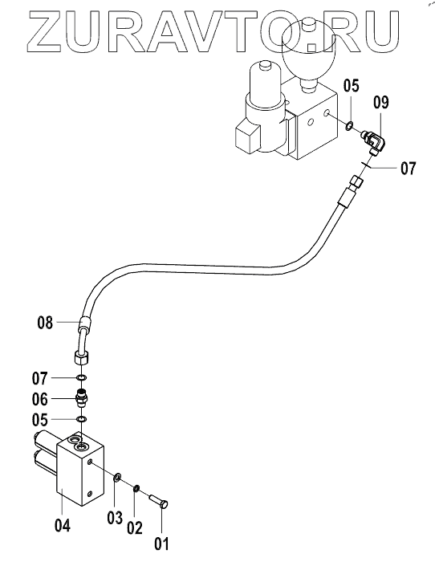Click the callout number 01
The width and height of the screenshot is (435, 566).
click(162, 544)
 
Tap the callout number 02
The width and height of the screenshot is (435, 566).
click(135, 527)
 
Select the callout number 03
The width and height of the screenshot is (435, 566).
click(115, 518)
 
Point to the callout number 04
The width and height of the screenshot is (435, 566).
click(63, 526)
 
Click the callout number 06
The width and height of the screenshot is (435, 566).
click(39, 399)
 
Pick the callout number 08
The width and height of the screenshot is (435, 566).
click(45, 323)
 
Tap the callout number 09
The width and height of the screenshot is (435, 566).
click(381, 103)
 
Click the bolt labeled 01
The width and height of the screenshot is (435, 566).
click(159, 502)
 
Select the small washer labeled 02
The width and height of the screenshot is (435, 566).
click(136, 488)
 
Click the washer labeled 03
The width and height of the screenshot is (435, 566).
click(116, 478)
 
